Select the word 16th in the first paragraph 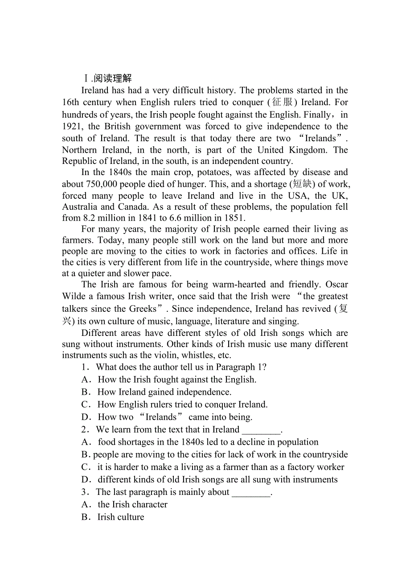point(71,102)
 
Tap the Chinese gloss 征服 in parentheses point(283,102)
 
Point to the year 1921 point(72,127)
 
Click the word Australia point(80,207)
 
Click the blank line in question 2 point(261,430)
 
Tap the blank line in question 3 point(251,492)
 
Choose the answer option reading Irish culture point(121,517)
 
